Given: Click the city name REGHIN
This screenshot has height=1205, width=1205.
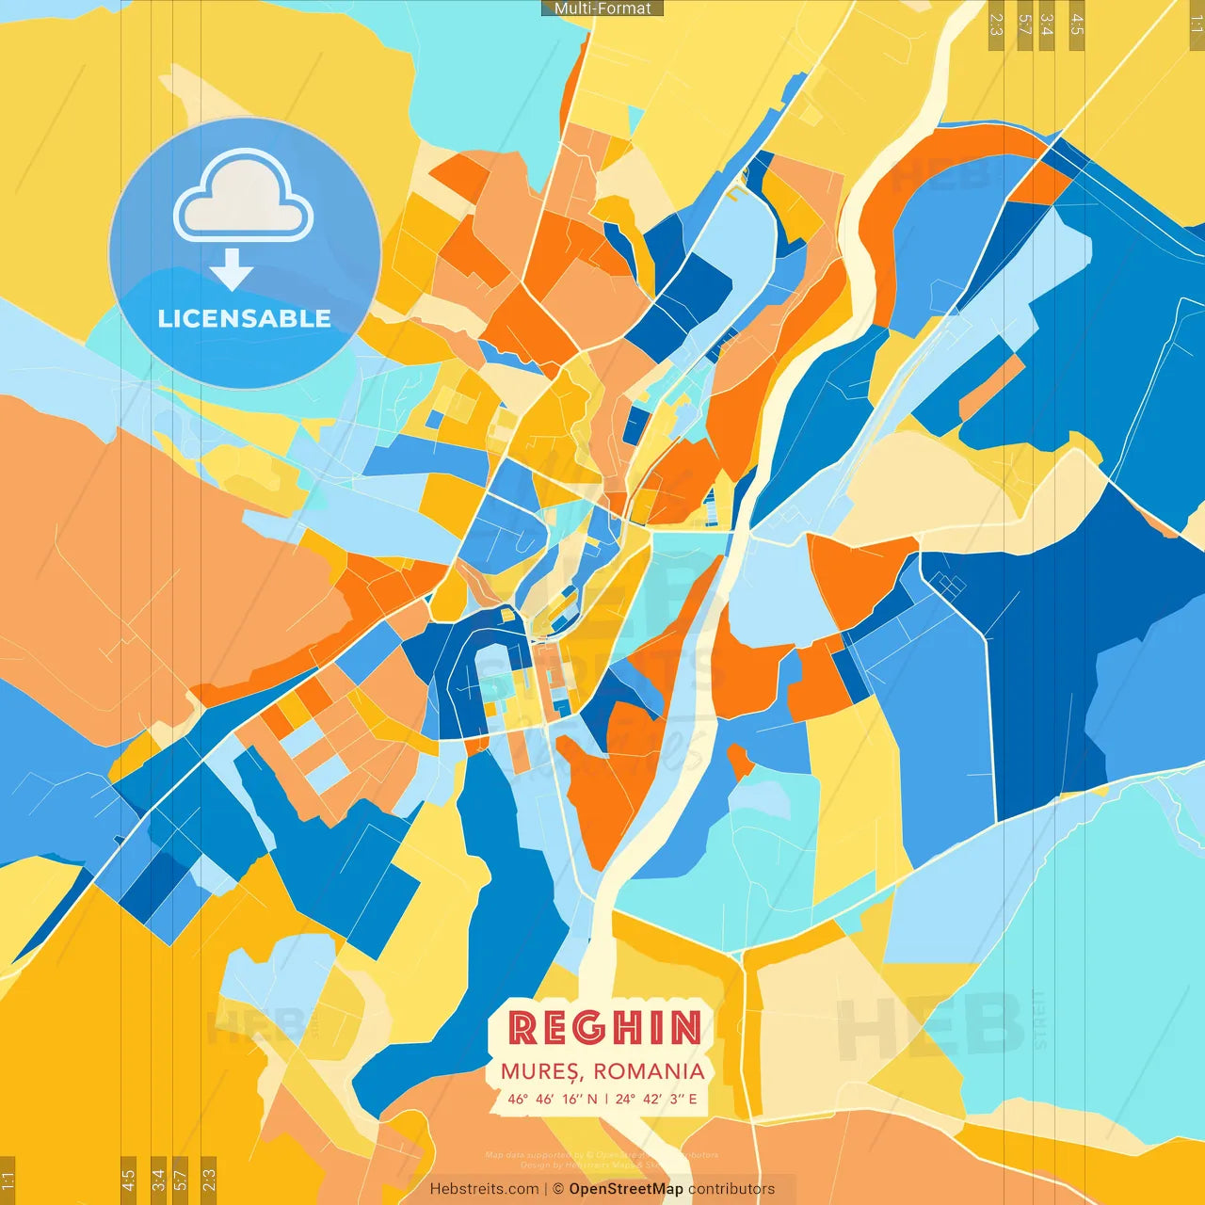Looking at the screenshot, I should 604,1027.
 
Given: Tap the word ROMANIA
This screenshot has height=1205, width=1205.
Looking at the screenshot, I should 649,1071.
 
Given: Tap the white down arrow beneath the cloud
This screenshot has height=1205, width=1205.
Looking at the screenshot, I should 232,269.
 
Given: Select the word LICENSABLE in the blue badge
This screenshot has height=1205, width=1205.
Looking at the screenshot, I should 245,318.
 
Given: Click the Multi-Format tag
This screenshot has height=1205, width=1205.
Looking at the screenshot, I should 602,8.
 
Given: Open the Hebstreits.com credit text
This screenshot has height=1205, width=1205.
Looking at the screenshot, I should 484,1189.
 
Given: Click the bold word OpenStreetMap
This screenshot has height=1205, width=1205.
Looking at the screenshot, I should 626,1189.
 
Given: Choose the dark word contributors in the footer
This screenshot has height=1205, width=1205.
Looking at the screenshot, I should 731,1189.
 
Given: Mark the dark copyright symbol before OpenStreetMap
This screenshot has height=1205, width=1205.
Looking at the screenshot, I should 558,1189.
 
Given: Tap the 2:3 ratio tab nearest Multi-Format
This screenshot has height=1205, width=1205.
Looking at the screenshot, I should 996,24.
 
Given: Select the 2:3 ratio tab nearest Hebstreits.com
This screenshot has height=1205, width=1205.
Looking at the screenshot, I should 208,1179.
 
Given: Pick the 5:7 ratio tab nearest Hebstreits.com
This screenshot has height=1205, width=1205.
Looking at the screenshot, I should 181,1179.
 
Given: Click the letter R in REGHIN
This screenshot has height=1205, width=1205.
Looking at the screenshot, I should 522,1027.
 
